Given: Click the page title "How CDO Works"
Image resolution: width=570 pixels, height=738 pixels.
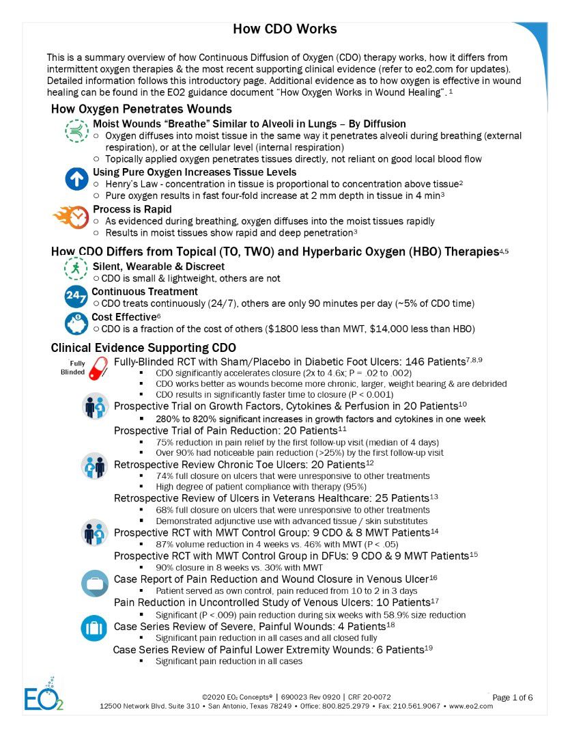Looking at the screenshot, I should point(285,29).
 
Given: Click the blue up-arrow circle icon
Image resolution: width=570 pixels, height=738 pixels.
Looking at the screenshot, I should point(77,179).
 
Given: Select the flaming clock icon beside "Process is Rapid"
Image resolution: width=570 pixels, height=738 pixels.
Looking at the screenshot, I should point(71,217).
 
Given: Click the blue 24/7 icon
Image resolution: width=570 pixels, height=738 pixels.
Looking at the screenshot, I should point(76,297).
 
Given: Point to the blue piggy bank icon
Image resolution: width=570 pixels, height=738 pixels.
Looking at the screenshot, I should point(76,323).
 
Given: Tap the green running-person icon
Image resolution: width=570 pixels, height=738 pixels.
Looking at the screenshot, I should point(76,266).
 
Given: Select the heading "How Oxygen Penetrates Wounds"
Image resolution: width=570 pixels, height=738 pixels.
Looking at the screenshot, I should point(141,109).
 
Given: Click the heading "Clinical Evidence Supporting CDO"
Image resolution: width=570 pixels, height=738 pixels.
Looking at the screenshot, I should point(143,347).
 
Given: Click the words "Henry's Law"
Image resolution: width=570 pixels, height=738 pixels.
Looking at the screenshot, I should point(130,184).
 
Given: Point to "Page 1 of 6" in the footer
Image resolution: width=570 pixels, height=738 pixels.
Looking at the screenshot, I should point(512,697).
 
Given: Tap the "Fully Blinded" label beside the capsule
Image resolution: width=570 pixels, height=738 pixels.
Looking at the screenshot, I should point(73,368).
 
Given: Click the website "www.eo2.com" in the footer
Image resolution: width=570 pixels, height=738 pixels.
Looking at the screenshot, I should point(471,706).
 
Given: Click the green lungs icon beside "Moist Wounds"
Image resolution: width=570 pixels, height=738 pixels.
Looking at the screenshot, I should point(77,130).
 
